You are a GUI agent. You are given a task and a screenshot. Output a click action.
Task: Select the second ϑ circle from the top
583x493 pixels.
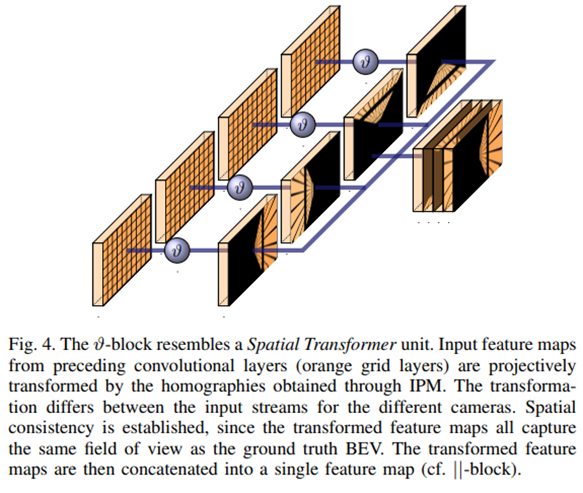tap(302, 124)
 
